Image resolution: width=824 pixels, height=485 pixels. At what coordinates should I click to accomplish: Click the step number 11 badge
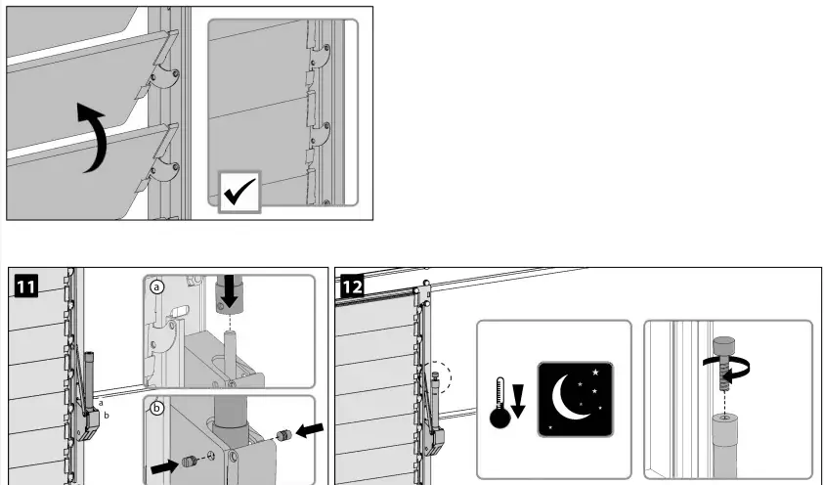(x=26, y=286)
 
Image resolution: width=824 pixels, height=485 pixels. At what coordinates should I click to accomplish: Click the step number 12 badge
(x=351, y=286)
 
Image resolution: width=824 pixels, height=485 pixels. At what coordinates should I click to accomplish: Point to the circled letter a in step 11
(x=157, y=287)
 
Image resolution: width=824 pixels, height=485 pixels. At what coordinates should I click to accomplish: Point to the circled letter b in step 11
(x=157, y=408)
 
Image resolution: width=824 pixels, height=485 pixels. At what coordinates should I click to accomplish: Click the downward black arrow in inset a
(x=231, y=288)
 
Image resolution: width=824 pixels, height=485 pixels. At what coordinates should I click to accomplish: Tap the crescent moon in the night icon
(x=569, y=394)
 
